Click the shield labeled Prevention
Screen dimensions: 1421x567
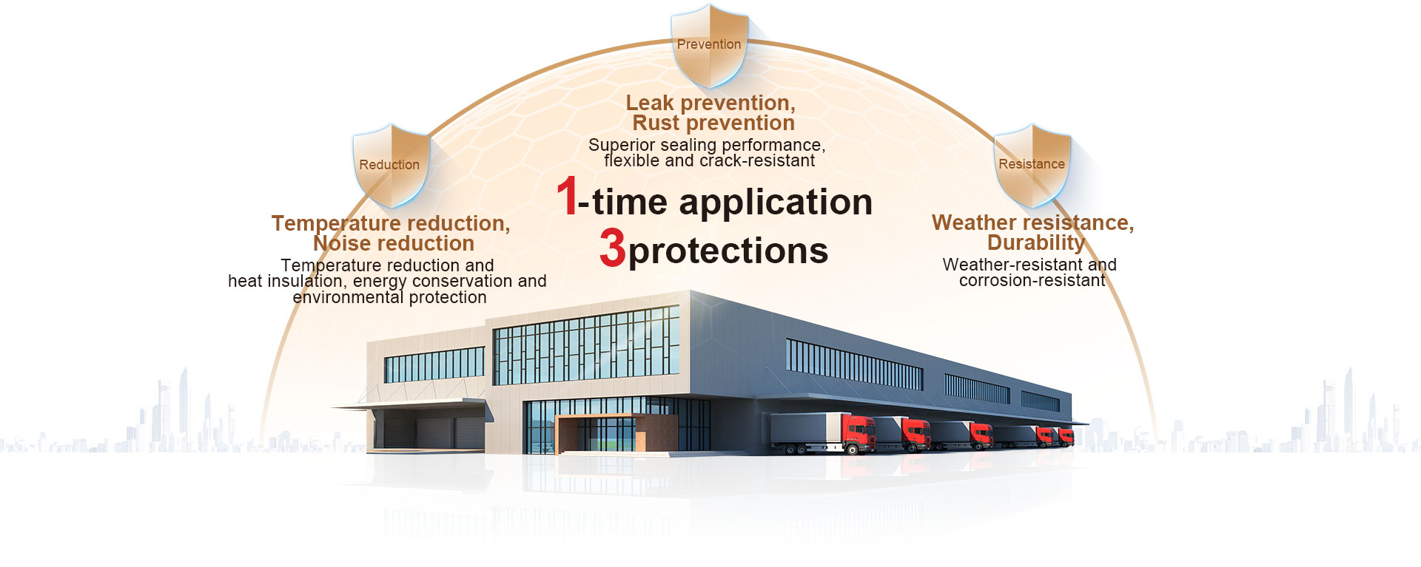pyautogui.click(x=708, y=46)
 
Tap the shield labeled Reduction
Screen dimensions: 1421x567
pyautogui.click(x=390, y=166)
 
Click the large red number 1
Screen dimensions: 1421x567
pyautogui.click(x=567, y=197)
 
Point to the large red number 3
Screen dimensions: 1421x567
pyautogui.click(x=613, y=247)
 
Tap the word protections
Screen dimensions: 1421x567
pyautogui.click(x=728, y=251)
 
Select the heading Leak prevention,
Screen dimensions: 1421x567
pyautogui.click(x=710, y=103)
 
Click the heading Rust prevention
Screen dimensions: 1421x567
pyautogui.click(x=713, y=123)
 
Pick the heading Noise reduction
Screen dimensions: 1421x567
pyautogui.click(x=394, y=243)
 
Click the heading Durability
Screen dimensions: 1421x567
pyautogui.click(x=1036, y=242)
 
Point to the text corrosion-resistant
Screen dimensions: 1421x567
pyautogui.click(x=1032, y=281)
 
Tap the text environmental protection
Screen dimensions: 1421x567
pyautogui.click(x=389, y=297)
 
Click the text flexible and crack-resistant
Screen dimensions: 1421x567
pyautogui.click(x=709, y=160)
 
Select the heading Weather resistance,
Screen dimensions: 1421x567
pyautogui.click(x=1033, y=223)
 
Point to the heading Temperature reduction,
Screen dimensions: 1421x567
pyautogui.click(x=391, y=223)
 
